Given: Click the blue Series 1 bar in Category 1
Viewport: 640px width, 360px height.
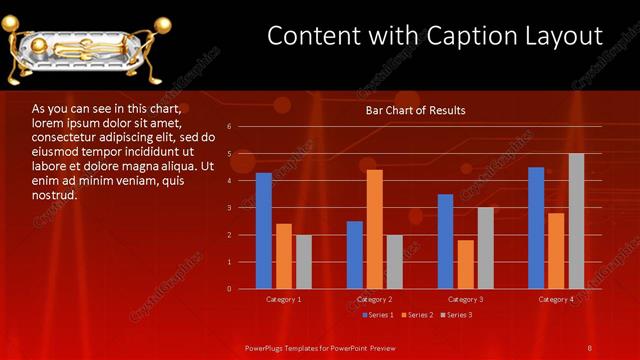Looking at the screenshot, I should (264, 231).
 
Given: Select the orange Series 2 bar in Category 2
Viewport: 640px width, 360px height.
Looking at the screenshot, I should (375, 229).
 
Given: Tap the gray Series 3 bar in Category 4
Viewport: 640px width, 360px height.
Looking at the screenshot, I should (576, 221).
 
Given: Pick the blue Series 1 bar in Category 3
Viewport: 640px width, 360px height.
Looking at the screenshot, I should (446, 241).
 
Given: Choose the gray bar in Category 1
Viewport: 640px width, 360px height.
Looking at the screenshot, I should (304, 262).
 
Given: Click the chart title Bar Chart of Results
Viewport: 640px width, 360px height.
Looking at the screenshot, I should (415, 110).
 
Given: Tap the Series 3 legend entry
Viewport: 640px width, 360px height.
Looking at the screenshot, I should (458, 315).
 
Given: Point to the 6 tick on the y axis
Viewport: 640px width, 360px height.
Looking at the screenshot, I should (229, 127).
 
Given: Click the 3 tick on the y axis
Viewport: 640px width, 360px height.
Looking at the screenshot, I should (229, 208).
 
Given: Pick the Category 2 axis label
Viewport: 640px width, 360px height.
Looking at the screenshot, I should (375, 299).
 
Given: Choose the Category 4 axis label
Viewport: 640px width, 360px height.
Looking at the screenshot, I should (556, 299).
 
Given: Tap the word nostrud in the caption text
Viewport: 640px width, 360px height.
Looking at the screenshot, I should (54, 195).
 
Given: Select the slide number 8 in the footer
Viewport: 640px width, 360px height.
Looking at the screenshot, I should (590, 347).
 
